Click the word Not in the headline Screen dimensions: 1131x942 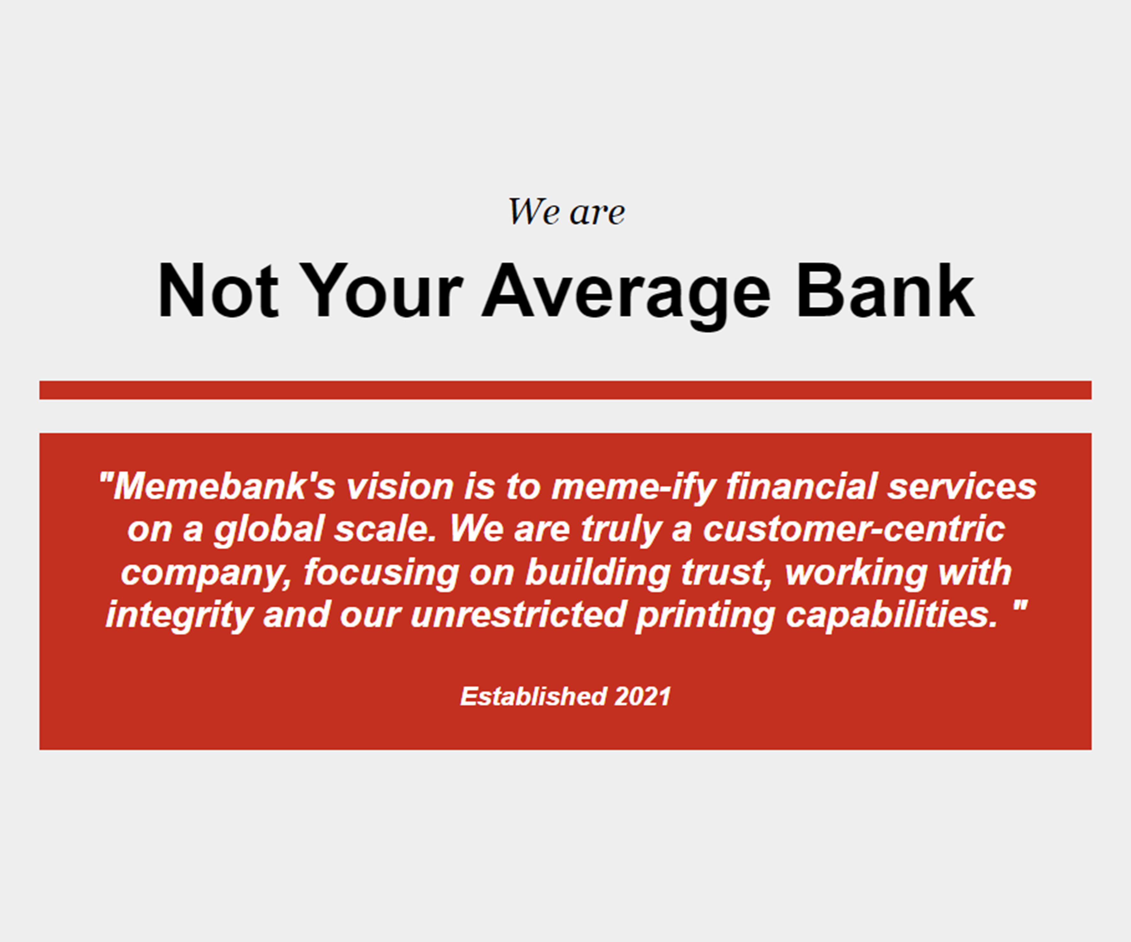click(218, 291)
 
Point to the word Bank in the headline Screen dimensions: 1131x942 click(886, 291)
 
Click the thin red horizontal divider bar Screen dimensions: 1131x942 click(566, 390)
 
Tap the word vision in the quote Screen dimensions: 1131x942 click(400, 486)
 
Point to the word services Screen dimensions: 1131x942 click(962, 486)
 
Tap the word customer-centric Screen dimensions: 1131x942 click(854, 529)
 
